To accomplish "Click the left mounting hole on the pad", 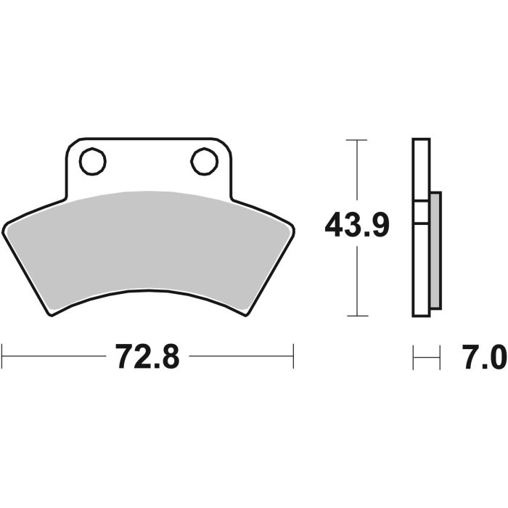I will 92,162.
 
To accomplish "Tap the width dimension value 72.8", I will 148,358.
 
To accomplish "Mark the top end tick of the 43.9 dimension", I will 356,139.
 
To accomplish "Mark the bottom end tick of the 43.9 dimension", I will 356,316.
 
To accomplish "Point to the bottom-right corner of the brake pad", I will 245,314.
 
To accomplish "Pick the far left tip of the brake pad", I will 4,226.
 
